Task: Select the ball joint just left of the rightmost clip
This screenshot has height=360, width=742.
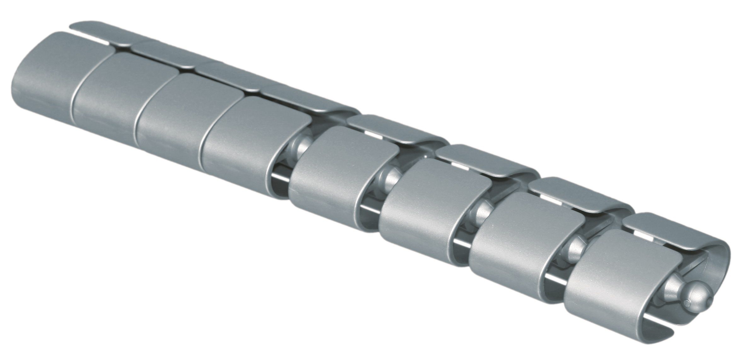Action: (575, 249)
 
